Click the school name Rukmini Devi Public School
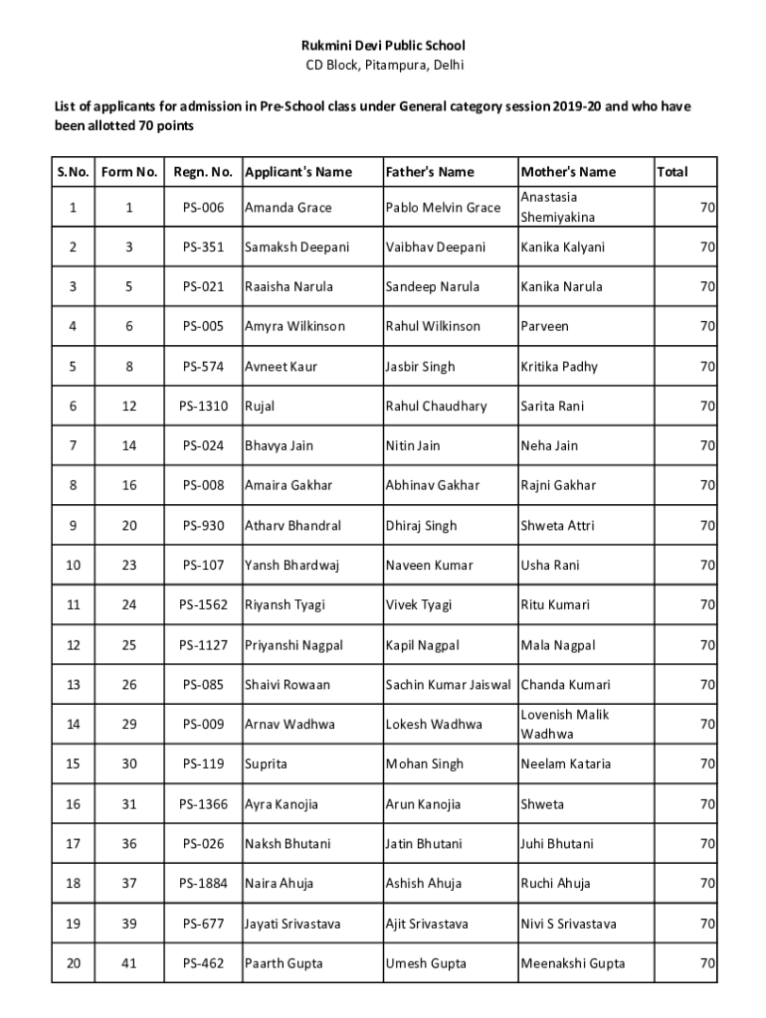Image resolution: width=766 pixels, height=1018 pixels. pos(383,46)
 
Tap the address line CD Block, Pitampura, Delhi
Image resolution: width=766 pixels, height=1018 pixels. pos(383,66)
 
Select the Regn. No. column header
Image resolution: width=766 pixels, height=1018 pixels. pos(203,172)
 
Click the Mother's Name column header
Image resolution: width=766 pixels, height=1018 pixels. pos(568,172)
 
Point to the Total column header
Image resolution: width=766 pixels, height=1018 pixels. pos(672,172)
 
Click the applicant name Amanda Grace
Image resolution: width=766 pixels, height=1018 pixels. pos(288,208)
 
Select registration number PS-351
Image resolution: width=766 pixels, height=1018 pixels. pos(203,247)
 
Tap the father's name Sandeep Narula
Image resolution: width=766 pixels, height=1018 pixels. pos(433,286)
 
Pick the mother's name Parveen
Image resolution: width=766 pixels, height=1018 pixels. pos(545,326)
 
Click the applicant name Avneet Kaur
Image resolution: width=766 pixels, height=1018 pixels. pos(282,367)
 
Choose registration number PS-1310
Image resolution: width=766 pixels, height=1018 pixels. pos(203,406)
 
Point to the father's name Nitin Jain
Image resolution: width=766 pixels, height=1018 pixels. pos(413,445)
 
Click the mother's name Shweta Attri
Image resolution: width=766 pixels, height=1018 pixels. pos(557,526)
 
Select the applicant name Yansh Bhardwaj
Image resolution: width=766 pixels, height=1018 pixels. pos(292,566)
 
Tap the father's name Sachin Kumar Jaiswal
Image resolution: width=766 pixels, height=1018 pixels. pos(449,685)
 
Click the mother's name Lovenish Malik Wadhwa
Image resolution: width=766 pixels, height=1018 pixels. pos(564,724)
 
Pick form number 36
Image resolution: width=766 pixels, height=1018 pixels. pos(129,844)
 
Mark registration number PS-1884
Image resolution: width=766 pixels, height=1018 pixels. pos(203,884)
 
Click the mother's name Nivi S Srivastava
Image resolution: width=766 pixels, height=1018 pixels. pos(568,924)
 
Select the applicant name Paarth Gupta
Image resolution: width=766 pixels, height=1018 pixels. pos(284,963)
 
